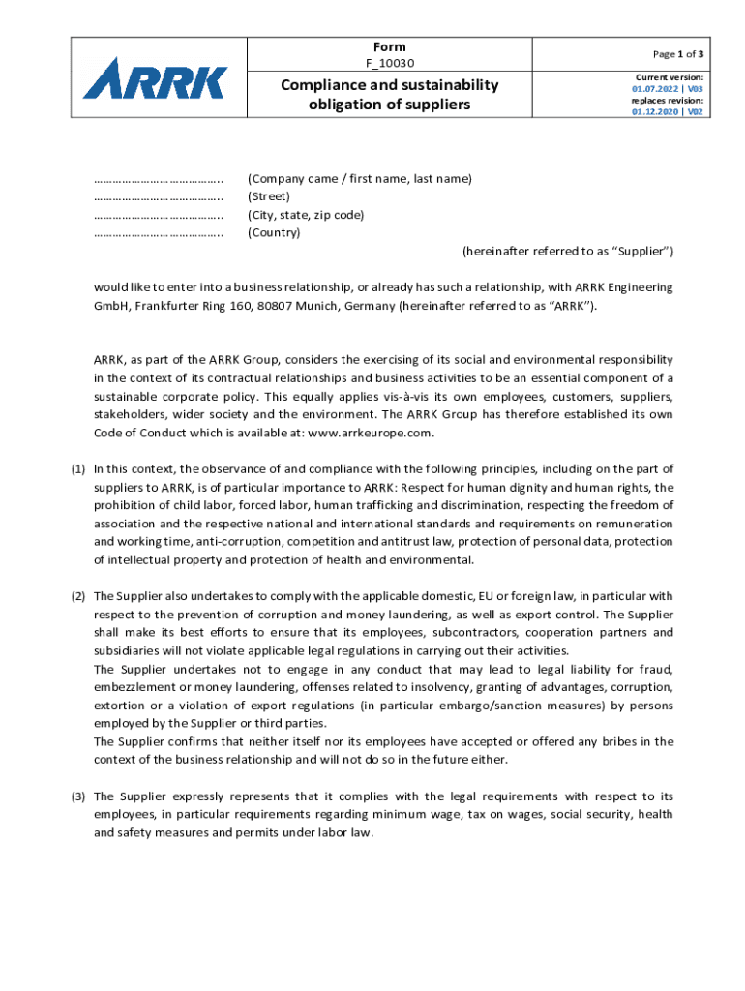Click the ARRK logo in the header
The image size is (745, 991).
156,78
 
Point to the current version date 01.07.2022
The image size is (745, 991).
653,88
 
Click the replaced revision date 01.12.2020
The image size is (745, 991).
653,111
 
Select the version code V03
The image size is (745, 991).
695,88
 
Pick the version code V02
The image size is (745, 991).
695,111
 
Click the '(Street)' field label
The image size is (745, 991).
269,196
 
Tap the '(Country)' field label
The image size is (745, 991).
274,232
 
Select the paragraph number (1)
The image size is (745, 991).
78,468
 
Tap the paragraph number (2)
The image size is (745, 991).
78,595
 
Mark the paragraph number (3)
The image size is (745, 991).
78,796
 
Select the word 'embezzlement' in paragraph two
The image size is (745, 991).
135,686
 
